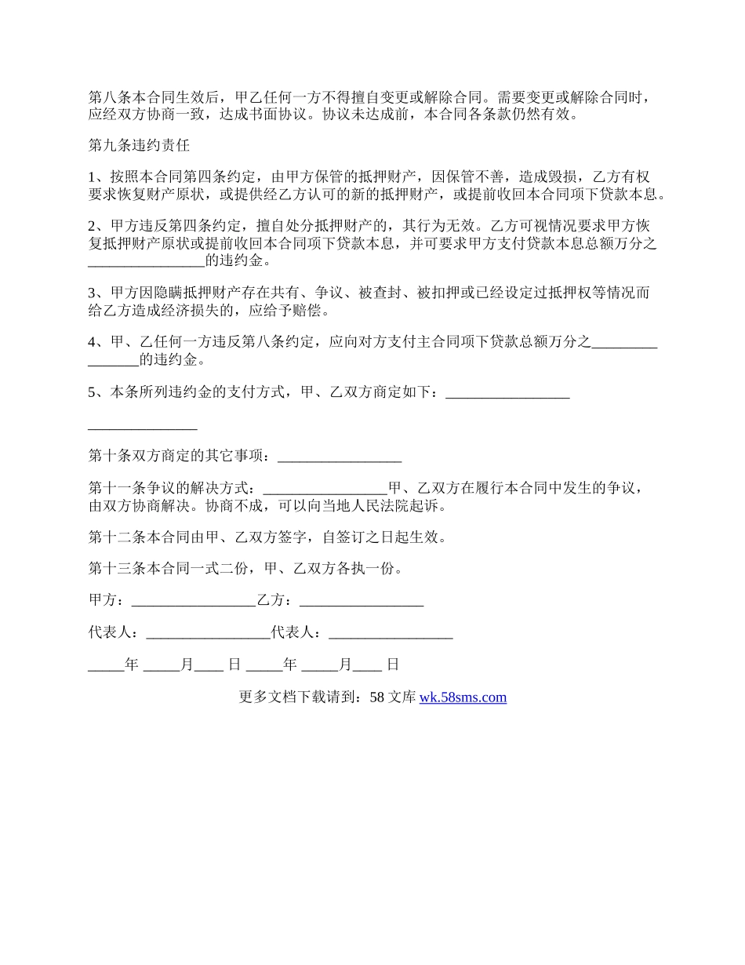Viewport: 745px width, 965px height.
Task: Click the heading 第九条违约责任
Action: pos(139,146)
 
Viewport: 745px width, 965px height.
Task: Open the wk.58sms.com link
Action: pos(463,697)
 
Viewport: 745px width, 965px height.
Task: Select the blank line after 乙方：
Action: pos(362,601)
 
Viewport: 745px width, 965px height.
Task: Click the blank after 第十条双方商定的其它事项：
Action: pos(340,457)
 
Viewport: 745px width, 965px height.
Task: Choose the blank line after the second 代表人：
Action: pos(391,633)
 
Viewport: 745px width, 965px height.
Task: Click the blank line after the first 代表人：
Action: pos(208,633)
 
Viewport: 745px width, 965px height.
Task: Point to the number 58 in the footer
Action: pos(376,697)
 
